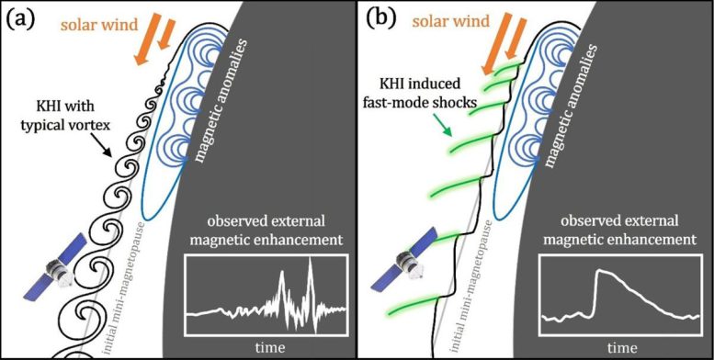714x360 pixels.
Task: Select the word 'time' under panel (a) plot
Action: click(x=266, y=346)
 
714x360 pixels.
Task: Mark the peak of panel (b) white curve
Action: click(x=599, y=271)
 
